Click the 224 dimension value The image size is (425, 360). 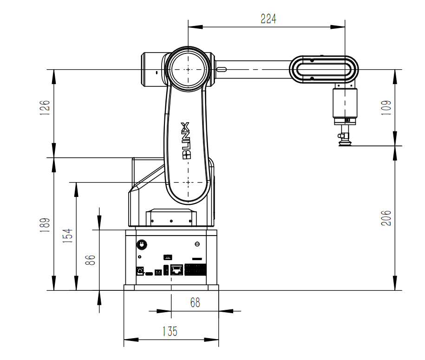268,19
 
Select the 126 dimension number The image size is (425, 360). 45,108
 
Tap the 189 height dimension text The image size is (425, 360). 45,225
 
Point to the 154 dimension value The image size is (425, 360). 68,236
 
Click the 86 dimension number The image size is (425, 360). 90,260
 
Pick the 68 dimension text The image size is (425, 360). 195,302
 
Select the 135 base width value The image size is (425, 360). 170,331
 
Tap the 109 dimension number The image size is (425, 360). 386,108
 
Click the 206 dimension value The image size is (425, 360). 386,218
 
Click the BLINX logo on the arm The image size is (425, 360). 186,141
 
